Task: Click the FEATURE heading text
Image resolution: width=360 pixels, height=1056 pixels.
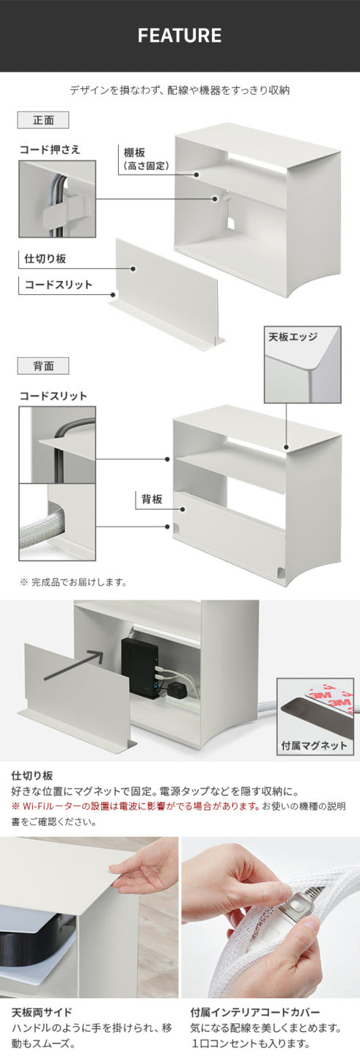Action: pyautogui.click(x=180, y=36)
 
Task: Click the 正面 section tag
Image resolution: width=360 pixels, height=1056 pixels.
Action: pyautogui.click(x=43, y=120)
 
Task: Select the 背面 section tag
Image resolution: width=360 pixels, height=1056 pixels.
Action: pyautogui.click(x=43, y=365)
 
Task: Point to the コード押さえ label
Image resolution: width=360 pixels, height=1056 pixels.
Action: pyautogui.click(x=50, y=150)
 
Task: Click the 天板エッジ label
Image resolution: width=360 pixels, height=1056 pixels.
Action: pyautogui.click(x=293, y=337)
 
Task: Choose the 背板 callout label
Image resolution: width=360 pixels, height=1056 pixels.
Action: pyautogui.click(x=153, y=499)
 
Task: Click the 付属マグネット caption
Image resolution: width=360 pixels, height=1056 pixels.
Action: pyautogui.click(x=315, y=746)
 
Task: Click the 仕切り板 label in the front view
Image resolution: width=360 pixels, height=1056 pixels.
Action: pyautogui.click(x=47, y=259)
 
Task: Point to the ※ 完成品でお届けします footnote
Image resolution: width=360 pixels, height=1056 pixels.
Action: pyautogui.click(x=73, y=583)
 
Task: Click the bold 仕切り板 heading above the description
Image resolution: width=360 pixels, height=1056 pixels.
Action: pyautogui.click(x=32, y=775)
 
